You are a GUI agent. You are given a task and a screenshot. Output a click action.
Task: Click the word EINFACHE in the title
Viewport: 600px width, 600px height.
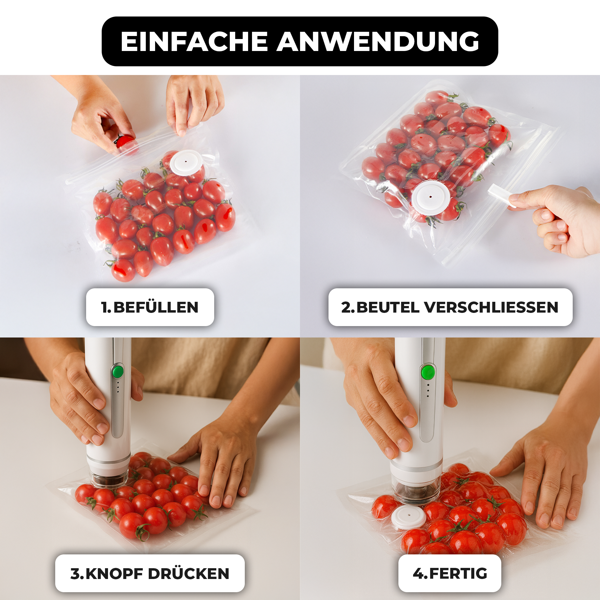194,41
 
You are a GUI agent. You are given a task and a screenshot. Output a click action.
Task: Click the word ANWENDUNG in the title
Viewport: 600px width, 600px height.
378,41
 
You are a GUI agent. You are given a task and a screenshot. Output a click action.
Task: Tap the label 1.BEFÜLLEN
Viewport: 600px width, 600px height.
150,307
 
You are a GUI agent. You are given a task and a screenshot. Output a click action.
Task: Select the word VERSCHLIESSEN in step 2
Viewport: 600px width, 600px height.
491,307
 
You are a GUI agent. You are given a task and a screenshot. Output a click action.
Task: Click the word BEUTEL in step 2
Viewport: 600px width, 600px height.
388,307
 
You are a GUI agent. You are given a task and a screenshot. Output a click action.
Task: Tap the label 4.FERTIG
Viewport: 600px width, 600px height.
450,573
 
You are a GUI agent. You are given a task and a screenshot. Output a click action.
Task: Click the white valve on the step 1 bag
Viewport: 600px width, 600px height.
186,162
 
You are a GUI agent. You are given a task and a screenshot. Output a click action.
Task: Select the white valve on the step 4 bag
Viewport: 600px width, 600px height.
408,517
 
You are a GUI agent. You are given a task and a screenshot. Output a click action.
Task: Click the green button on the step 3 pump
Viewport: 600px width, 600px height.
118,372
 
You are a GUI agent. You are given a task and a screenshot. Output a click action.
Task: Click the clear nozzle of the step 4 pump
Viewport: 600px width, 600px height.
416,491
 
